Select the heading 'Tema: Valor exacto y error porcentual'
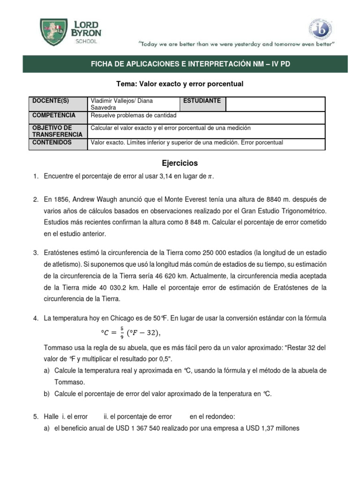[x=180, y=83]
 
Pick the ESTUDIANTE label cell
[x=202, y=101]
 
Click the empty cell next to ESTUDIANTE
[x=275, y=104]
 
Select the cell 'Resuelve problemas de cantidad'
[x=134, y=115]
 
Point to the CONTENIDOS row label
[x=52, y=142]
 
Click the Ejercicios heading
[x=180, y=163]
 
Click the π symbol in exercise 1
[x=210, y=177]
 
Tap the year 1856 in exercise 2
[x=64, y=200]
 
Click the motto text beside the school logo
[x=236, y=44]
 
